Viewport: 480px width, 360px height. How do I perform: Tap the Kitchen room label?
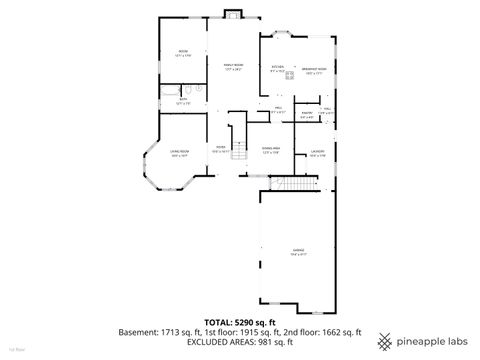pyautogui.click(x=279, y=68)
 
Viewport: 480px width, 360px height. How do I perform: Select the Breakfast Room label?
pyautogui.click(x=315, y=68)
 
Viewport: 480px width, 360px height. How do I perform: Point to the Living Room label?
pyautogui.click(x=180, y=151)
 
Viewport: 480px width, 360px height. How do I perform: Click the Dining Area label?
pyautogui.click(x=270, y=148)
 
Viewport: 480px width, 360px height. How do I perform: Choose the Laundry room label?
pyautogui.click(x=317, y=151)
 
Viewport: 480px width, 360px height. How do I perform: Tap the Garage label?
pyautogui.click(x=298, y=249)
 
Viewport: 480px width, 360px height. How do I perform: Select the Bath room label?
pyautogui.click(x=183, y=99)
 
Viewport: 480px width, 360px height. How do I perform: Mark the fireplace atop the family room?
pyautogui.click(x=233, y=14)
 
